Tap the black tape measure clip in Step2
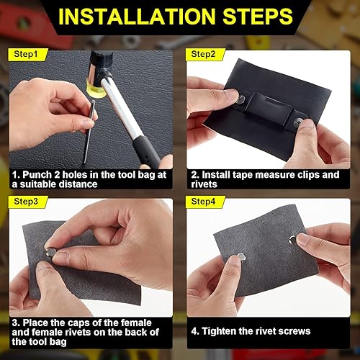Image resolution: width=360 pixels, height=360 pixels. click(266, 108)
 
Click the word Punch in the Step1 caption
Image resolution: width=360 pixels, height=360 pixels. click(35, 174)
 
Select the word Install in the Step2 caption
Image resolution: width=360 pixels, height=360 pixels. click(216, 174)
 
